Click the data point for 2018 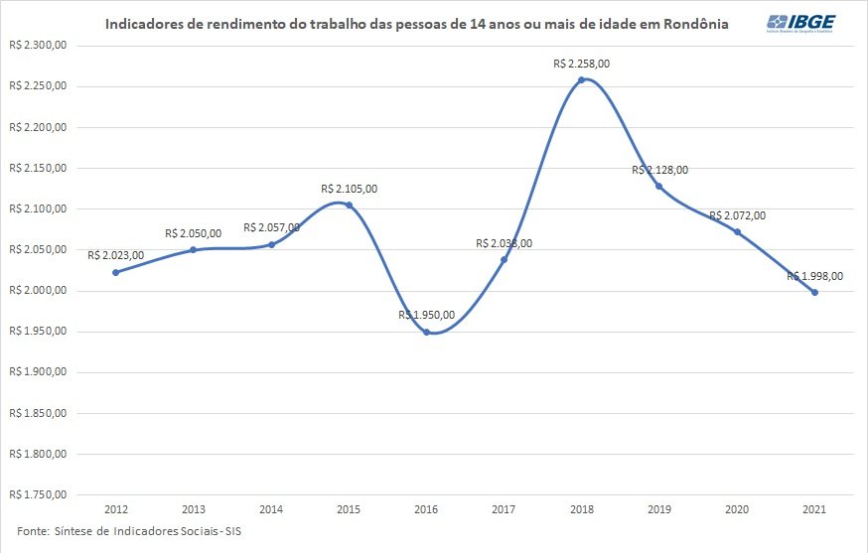pyautogui.click(x=582, y=79)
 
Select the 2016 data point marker pyautogui.click(x=427, y=332)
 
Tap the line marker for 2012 pyautogui.click(x=116, y=272)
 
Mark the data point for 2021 pyautogui.click(x=815, y=292)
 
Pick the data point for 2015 pyautogui.click(x=349, y=205)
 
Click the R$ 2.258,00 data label pyautogui.click(x=582, y=64)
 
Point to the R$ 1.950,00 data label pyautogui.click(x=427, y=315)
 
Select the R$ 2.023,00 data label pyautogui.click(x=116, y=255)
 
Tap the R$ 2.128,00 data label pyautogui.click(x=659, y=170)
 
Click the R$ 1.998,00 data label pyautogui.click(x=815, y=277)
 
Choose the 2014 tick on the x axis pyautogui.click(x=271, y=508)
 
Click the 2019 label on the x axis pyautogui.click(x=659, y=508)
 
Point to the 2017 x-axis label pyautogui.click(x=505, y=508)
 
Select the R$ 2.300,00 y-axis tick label pyautogui.click(x=37, y=45)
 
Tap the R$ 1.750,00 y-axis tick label pyautogui.click(x=37, y=494)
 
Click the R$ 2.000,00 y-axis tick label pyautogui.click(x=37, y=290)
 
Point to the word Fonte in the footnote pyautogui.click(x=33, y=530)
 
